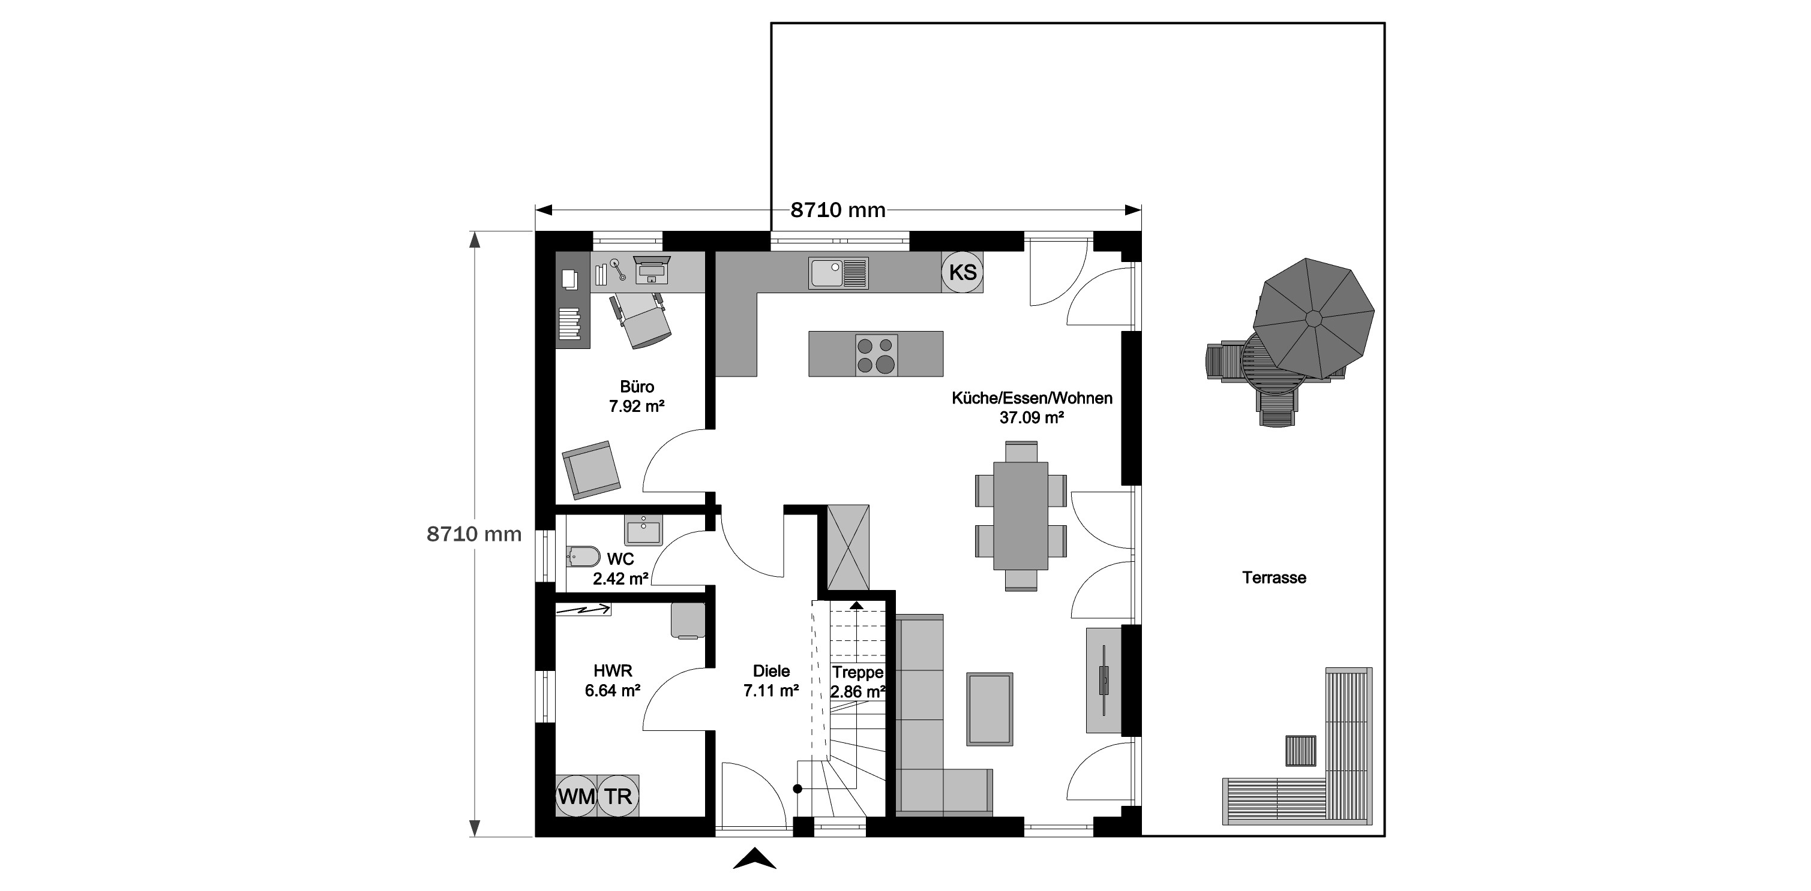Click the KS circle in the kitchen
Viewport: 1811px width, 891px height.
(x=963, y=272)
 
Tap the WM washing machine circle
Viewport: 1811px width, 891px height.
(x=577, y=796)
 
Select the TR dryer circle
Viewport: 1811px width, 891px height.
(x=619, y=796)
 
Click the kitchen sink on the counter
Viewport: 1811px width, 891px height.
(x=839, y=273)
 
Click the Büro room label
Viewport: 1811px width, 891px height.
(x=637, y=387)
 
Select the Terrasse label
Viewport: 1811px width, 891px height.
(x=1274, y=577)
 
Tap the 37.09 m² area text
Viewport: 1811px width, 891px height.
(x=1032, y=417)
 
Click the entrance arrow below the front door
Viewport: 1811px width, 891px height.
(x=754, y=859)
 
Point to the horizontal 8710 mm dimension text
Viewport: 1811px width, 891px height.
(x=838, y=210)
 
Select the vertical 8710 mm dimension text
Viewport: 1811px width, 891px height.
(x=475, y=534)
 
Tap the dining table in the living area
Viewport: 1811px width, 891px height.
(x=1021, y=516)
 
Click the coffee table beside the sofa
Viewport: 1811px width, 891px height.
(x=990, y=709)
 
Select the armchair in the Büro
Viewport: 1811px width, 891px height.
(x=591, y=470)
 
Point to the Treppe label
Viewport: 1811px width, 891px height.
(x=857, y=673)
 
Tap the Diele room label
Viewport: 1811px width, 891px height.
(x=771, y=671)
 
